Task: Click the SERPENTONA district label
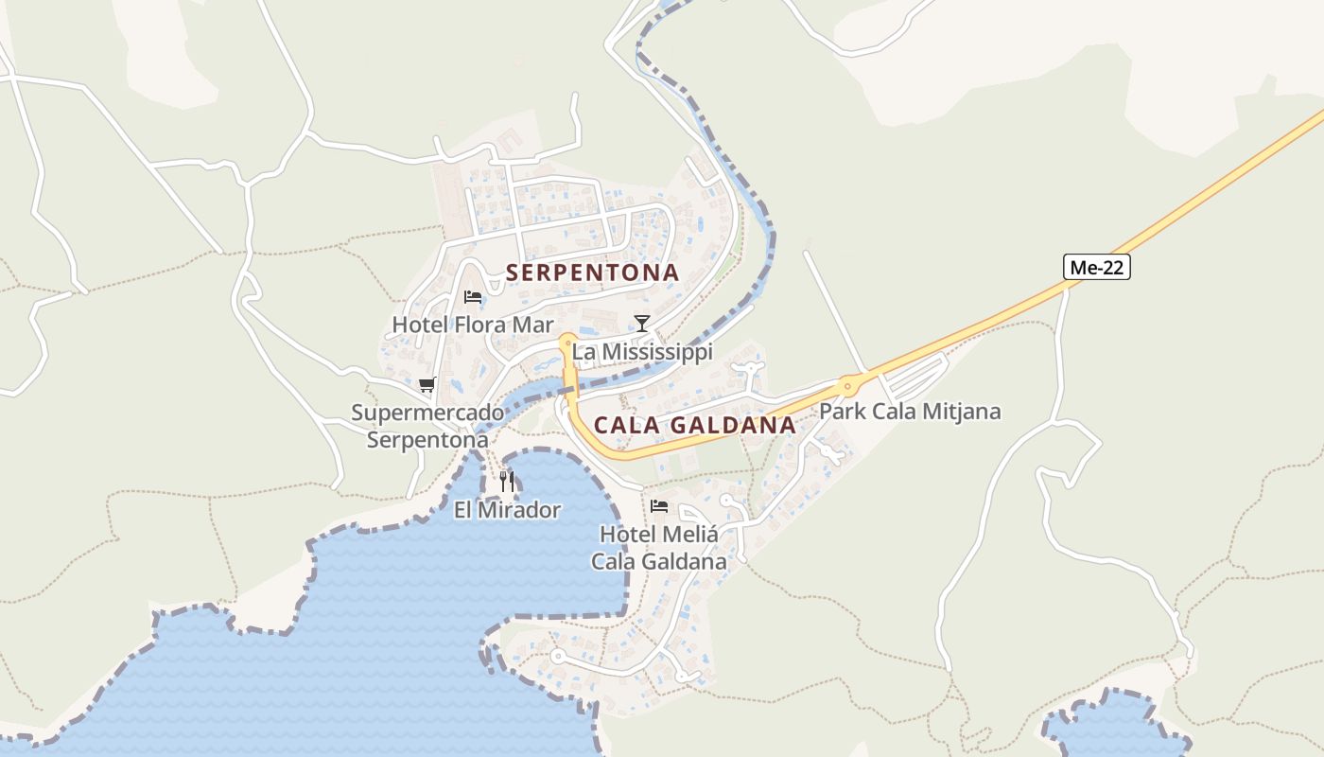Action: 592,273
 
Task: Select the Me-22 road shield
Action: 1097,268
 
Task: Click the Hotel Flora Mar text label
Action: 473,325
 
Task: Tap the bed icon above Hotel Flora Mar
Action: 473,297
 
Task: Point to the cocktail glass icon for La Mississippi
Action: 642,324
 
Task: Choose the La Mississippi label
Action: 642,352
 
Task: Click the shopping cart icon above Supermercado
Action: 427,384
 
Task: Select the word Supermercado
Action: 427,413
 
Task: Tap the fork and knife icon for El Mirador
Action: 507,482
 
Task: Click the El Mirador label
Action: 507,511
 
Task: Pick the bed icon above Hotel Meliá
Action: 659,506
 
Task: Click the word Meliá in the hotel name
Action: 688,535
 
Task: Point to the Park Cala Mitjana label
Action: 910,412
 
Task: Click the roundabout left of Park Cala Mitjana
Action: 847,384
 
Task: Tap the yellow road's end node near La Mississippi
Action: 567,343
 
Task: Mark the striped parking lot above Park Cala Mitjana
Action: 915,378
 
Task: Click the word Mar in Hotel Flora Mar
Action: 533,325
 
